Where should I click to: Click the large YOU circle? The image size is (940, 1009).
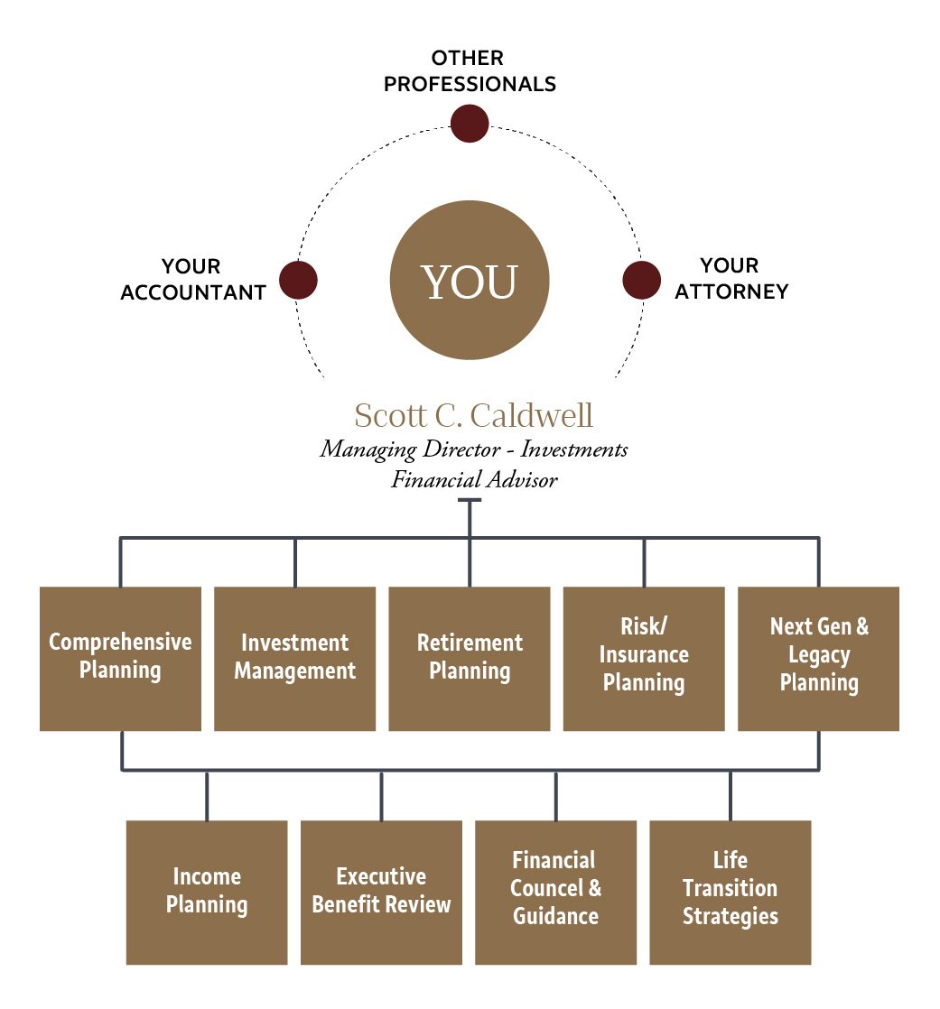470,280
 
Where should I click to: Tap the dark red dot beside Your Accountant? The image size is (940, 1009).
298,280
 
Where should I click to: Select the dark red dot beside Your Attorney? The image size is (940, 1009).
641,280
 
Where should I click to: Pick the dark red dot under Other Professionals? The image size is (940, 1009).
470,124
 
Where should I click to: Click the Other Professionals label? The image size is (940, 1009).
470,71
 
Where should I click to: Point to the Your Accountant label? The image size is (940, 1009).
193,280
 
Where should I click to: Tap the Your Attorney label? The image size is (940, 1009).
731,279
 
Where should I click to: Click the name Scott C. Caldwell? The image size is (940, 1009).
473,416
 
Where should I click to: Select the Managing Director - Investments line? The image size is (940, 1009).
473,449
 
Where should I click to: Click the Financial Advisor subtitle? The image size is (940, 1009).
473,479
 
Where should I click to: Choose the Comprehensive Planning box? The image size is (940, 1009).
120,658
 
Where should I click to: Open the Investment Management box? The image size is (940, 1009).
294,658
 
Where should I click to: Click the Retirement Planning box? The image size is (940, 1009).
470,658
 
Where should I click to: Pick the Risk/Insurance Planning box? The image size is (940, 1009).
644,658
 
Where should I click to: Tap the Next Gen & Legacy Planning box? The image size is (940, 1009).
818,658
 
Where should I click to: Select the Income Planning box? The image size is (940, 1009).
207,892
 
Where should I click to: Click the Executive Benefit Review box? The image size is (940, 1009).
381,892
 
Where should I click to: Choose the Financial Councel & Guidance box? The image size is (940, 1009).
555,892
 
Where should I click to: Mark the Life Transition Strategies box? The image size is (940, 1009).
730,892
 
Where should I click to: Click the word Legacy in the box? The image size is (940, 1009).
818,654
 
